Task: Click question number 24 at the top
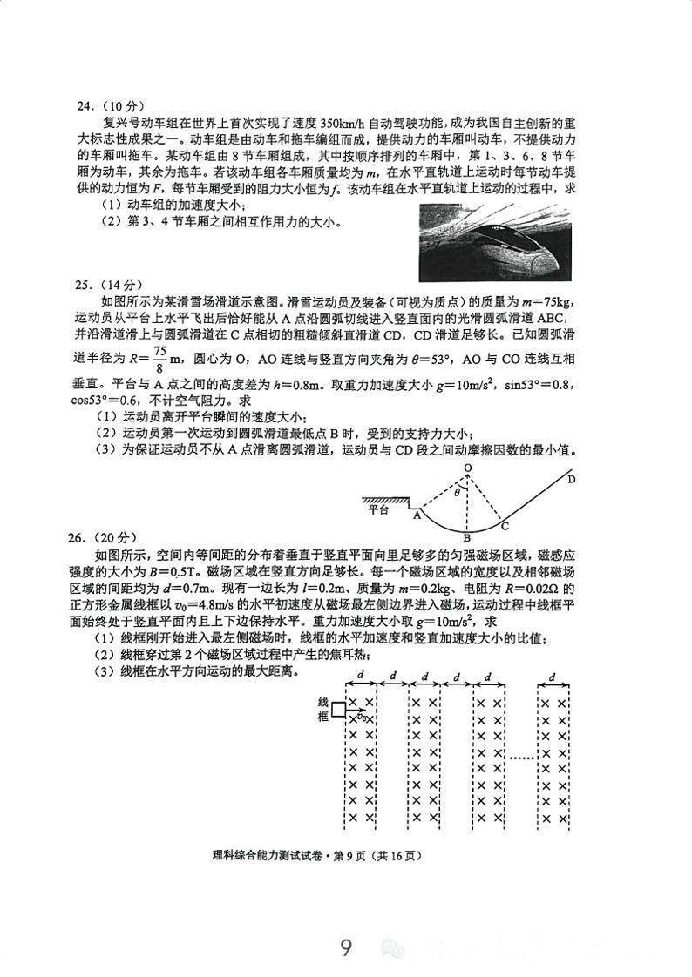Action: coord(85,106)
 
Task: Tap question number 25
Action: coord(85,284)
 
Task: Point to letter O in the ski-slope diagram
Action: coord(467,468)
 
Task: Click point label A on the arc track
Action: coord(417,515)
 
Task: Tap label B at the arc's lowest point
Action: coord(467,537)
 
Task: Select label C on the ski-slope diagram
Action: coord(505,525)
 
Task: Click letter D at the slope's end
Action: coord(571,478)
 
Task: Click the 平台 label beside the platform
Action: coord(377,509)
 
